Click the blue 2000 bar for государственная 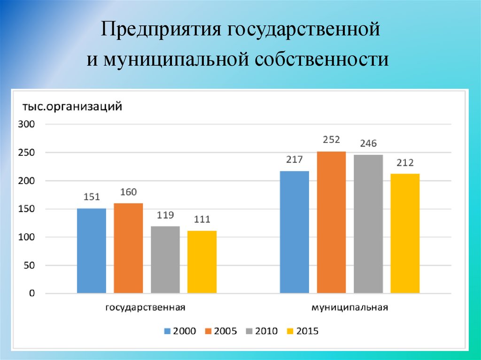pos(91,251)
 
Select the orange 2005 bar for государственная pos(128,248)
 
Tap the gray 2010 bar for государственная pos(165,260)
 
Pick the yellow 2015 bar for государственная pos(202,262)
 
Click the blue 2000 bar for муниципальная pos(295,232)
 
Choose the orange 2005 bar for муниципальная pos(331,222)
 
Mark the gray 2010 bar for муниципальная pos(368,224)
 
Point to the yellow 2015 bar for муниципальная pos(405,234)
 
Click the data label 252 pos(331,139)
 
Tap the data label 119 pos(165,215)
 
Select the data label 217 pos(295,160)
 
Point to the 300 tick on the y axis pos(27,124)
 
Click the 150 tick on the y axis pos(27,209)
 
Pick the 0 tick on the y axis pos(32,293)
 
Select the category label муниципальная pos(349,308)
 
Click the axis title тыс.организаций pos(70,107)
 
